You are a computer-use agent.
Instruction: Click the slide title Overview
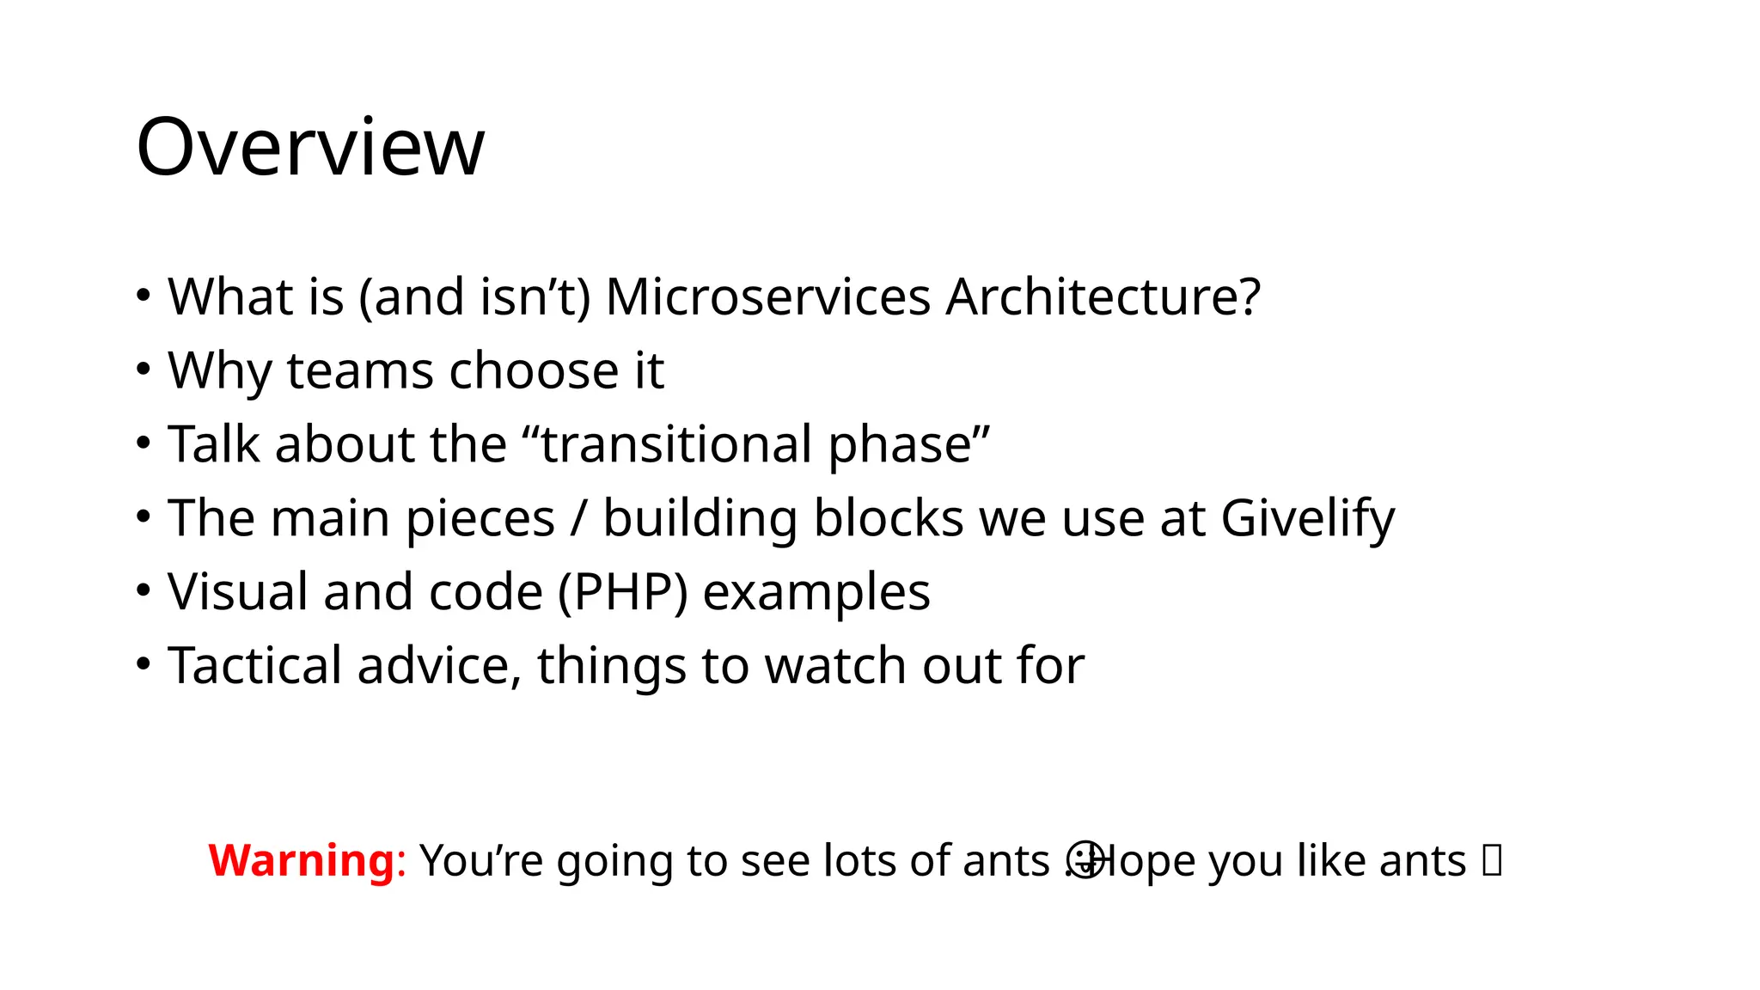click(310, 147)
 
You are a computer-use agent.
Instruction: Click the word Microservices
click(767, 297)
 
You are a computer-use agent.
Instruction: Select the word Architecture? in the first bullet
click(1103, 297)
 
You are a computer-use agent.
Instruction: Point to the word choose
click(534, 371)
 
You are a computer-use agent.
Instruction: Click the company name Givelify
click(1307, 519)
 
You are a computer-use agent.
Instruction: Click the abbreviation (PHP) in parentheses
click(623, 592)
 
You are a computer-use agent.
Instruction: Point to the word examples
click(816, 593)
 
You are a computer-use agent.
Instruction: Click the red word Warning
click(302, 860)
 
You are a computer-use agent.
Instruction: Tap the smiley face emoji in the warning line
click(1085, 859)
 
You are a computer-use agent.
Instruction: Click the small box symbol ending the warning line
click(1492, 860)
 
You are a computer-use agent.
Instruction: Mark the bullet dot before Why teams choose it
click(144, 370)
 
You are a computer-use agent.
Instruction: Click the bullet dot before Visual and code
click(144, 590)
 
